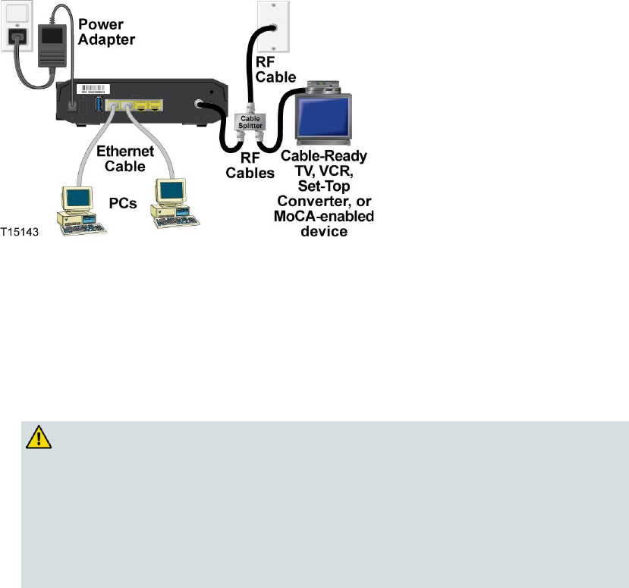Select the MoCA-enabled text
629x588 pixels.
327,217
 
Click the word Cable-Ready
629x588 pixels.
324,157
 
